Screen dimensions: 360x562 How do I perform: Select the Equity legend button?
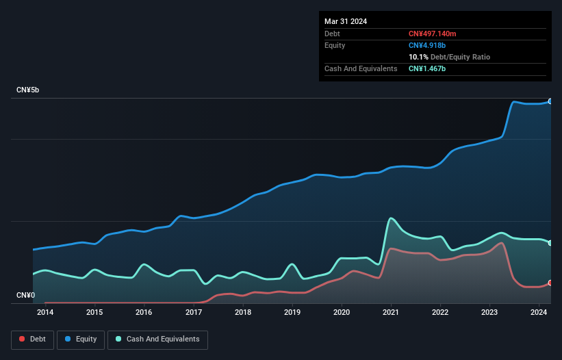tap(81, 339)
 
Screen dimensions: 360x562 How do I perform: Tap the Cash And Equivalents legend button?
tap(157, 339)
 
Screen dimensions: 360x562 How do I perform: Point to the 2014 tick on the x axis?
tap(45, 313)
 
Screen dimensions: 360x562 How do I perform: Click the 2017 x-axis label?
tap(194, 313)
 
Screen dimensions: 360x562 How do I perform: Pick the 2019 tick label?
tap(292, 313)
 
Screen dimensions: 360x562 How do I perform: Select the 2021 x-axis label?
tap(391, 313)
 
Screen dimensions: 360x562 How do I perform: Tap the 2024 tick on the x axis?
tap(539, 313)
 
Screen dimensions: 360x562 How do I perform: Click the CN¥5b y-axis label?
tap(28, 90)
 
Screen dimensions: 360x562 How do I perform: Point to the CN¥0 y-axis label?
tap(25, 296)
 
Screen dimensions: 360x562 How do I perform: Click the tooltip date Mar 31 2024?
tap(346, 21)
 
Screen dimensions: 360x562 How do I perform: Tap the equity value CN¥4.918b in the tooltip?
tap(428, 45)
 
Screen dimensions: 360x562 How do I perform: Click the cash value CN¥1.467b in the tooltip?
tap(428, 68)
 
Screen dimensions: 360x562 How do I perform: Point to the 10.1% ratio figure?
tap(418, 57)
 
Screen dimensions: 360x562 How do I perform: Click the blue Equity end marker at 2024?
tap(550, 101)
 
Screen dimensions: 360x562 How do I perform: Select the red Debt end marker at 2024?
tap(550, 283)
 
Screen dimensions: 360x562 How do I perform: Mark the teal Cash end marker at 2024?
tap(550, 243)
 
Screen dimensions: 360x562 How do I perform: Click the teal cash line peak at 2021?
tap(390, 218)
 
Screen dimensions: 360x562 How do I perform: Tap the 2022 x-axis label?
tap(440, 313)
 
